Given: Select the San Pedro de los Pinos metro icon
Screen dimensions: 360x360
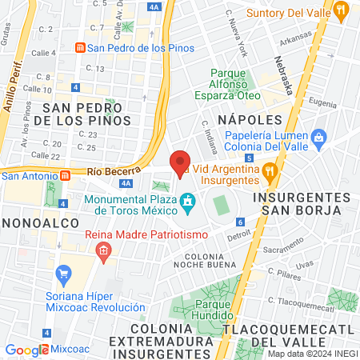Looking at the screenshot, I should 79,47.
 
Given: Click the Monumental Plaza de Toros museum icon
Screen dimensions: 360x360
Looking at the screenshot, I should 187,200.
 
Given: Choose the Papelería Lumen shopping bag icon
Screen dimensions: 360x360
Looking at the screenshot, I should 318,137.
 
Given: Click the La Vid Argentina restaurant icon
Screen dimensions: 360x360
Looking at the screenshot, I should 271,170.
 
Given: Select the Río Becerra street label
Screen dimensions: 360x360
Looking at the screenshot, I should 108,171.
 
